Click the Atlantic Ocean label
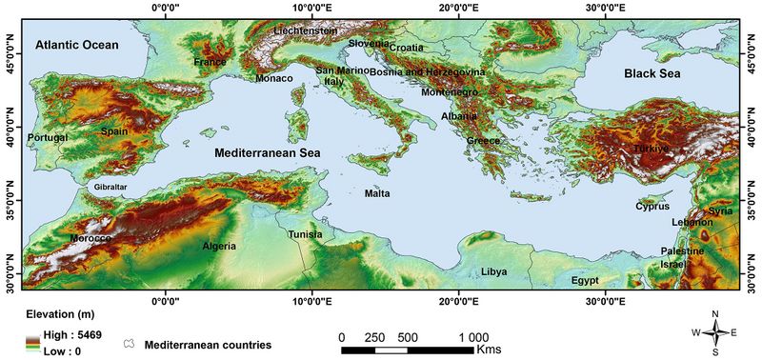[x=77, y=45]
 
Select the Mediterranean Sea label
[x=268, y=152]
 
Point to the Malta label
[x=377, y=193]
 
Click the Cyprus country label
[x=652, y=206]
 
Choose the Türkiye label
[x=652, y=150]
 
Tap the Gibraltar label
[x=110, y=188]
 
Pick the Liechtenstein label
[x=306, y=30]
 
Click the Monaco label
[x=274, y=78]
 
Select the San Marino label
[x=342, y=70]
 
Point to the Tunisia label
[x=306, y=234]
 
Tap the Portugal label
[x=48, y=138]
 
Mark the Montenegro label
[x=451, y=91]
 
